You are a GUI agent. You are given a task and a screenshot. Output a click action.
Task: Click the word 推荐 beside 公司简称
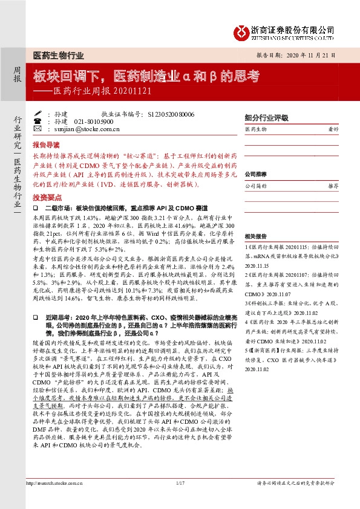pos(333,187)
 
